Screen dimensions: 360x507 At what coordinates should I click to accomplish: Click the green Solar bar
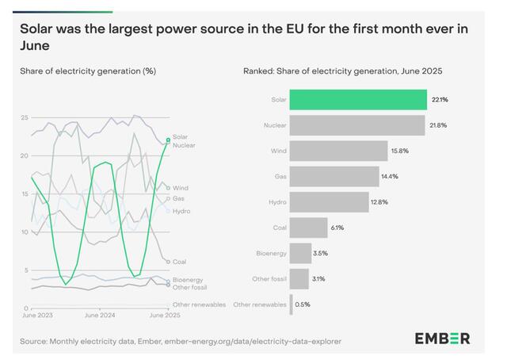[358, 99]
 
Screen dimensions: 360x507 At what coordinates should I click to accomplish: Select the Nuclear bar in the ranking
[356, 125]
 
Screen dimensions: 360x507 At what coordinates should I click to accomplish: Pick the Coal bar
[308, 228]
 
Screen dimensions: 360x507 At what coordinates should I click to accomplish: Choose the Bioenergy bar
[300, 253]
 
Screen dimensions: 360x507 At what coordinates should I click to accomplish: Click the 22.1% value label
[439, 100]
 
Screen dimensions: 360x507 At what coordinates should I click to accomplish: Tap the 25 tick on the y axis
[25, 117]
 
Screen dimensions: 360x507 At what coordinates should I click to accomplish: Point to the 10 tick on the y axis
[25, 232]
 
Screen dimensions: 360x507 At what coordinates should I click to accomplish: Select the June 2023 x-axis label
[37, 315]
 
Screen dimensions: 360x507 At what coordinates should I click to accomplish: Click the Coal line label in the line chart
[180, 261]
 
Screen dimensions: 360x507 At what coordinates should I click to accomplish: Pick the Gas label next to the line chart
[179, 198]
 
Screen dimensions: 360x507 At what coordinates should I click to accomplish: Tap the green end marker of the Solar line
[167, 140]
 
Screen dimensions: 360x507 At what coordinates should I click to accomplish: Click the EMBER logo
[442, 339]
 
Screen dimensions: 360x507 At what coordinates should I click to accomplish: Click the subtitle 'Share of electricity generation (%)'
[88, 71]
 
